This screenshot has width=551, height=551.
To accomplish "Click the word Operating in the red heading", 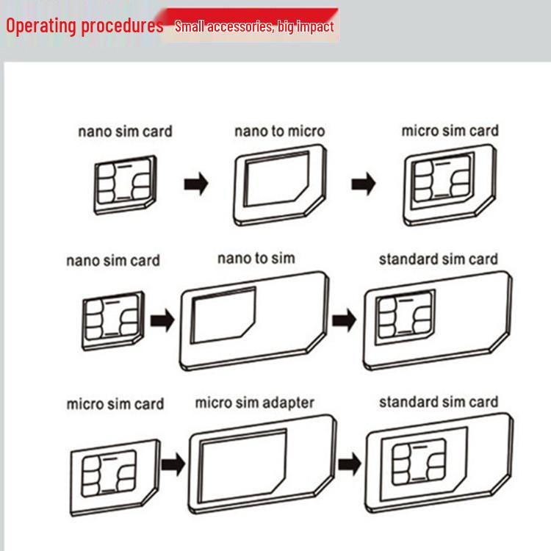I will pyautogui.click(x=41, y=26).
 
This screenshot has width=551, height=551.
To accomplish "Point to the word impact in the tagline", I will pyautogui.click(x=314, y=27).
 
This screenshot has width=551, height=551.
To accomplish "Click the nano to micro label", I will pyautogui.click(x=279, y=132).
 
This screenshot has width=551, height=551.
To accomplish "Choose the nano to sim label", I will pyautogui.click(x=256, y=258).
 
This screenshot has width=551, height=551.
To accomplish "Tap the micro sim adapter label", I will pyautogui.click(x=254, y=403).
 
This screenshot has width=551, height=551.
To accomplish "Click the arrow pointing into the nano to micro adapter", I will pyautogui.click(x=195, y=184).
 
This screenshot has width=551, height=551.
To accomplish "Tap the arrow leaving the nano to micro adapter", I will pyautogui.click(x=363, y=184).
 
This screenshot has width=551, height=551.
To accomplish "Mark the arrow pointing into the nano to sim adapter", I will pyautogui.click(x=162, y=320).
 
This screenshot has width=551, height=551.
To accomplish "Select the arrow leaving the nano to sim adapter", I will pyautogui.click(x=344, y=320).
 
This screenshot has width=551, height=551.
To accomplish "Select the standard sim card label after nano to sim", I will pyautogui.click(x=438, y=259).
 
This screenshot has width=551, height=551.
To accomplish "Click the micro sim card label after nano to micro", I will pyautogui.click(x=450, y=132).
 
